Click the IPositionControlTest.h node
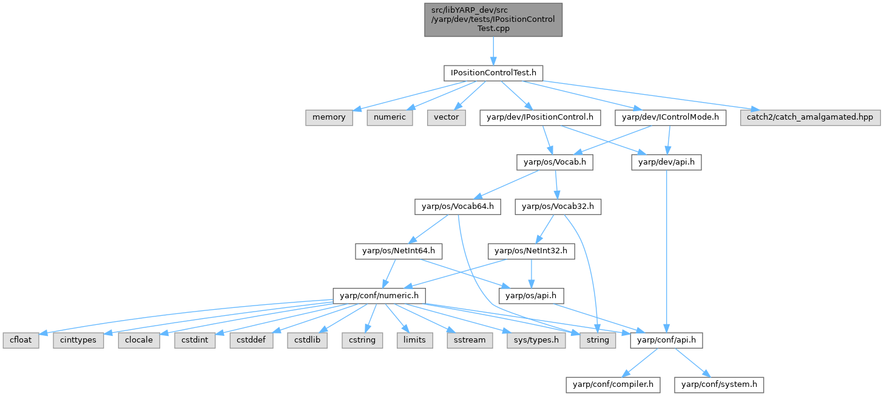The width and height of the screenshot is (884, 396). [x=493, y=73]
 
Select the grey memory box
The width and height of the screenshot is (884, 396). [x=329, y=117]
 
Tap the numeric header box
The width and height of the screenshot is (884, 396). [x=390, y=117]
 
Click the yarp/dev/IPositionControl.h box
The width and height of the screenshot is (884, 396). [x=541, y=117]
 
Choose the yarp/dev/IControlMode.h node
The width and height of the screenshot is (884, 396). [x=670, y=117]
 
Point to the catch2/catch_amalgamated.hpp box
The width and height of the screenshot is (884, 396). [x=809, y=117]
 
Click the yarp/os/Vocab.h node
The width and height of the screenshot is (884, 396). [x=555, y=162]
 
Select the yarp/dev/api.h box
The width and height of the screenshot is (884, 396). [x=667, y=162]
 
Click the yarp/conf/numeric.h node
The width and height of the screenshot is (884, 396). [x=379, y=296]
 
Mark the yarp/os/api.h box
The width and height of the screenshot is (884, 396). [x=531, y=296]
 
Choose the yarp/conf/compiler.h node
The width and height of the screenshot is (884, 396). [x=613, y=384]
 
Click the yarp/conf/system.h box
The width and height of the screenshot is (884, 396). [x=720, y=384]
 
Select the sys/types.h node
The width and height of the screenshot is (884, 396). [x=536, y=340]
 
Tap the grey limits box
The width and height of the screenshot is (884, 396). [x=414, y=340]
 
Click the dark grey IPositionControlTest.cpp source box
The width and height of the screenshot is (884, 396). [x=493, y=19]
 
